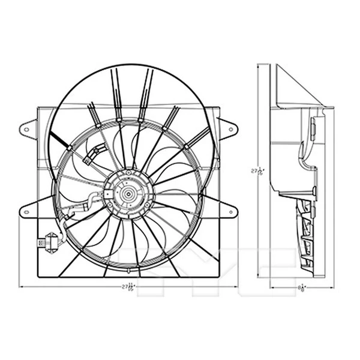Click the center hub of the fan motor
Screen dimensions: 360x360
tap(128, 193)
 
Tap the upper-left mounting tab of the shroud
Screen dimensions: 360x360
tap(28, 128)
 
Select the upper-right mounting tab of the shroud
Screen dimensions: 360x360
tap(229, 128)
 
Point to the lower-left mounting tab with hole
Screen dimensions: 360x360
tap(28, 211)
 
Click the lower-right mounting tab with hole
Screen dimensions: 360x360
tap(229, 211)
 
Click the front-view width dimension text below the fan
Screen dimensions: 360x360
tap(127, 287)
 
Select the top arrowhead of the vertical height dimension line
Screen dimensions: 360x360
tap(259, 66)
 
